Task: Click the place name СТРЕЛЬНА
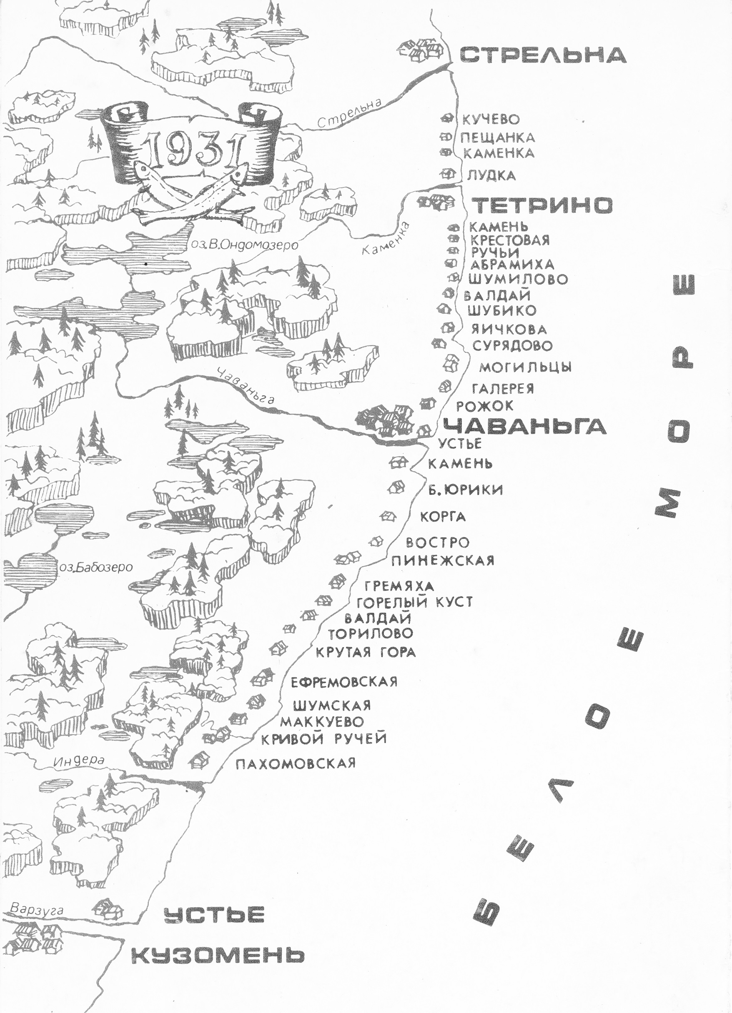pos(542,55)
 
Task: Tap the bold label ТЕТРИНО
pos(542,205)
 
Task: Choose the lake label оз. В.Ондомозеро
pos(244,245)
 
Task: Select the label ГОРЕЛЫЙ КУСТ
pos(414,602)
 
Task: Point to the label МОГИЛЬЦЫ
pos(525,367)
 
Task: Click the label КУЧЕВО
pos(491,120)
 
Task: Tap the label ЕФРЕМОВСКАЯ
pos(343,682)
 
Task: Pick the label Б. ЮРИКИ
pos(465,490)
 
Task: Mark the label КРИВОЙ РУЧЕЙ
pos(323,739)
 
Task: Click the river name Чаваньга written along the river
pos(246,387)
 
